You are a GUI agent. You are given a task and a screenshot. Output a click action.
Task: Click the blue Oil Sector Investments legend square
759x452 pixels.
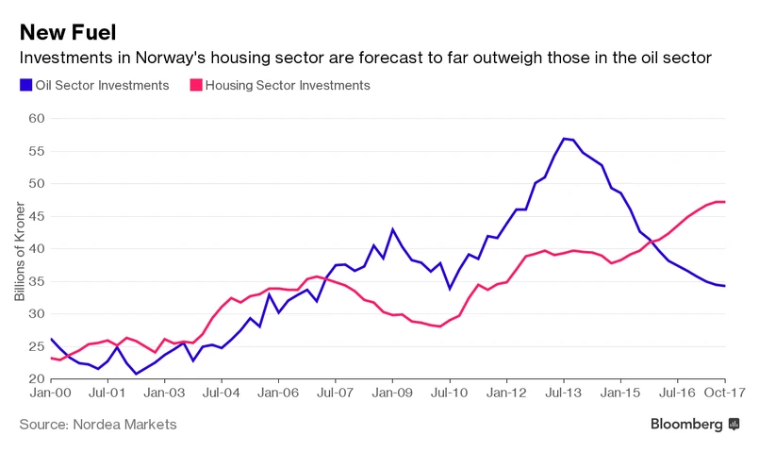click(25, 85)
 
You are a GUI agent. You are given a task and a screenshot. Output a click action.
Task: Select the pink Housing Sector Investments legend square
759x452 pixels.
click(197, 85)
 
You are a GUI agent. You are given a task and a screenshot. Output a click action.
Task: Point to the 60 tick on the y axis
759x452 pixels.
click(35, 118)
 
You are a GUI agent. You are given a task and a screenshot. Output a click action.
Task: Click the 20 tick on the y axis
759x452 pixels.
click(35, 378)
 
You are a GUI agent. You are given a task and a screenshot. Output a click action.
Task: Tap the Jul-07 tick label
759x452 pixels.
click(337, 393)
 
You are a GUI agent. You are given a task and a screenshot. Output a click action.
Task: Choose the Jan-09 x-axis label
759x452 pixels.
click(393, 393)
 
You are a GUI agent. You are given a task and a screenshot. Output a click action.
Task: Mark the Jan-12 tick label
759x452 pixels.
click(507, 393)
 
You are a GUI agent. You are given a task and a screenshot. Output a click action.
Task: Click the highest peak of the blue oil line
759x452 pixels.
click(564, 139)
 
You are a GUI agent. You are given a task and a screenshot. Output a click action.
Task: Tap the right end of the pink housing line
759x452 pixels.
click(723, 202)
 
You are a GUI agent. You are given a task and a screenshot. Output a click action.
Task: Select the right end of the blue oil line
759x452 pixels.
click(723, 286)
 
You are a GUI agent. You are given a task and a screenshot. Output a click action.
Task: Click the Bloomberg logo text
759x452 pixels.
click(686, 425)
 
